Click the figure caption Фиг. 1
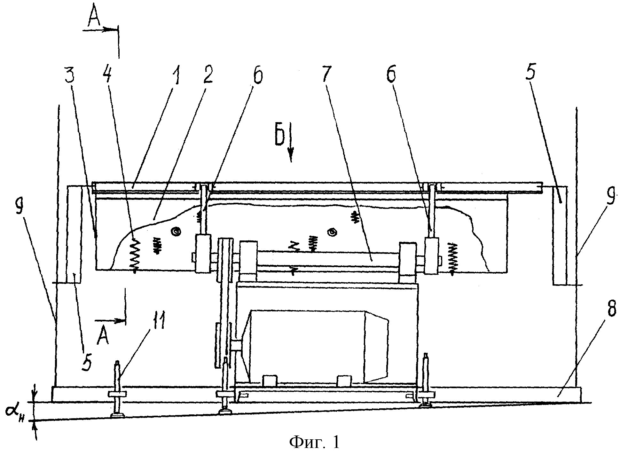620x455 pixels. coord(314,443)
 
